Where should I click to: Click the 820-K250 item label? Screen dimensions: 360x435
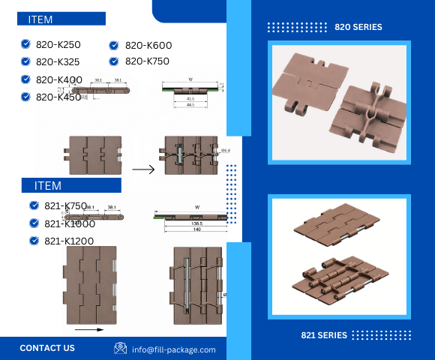(x=58, y=44)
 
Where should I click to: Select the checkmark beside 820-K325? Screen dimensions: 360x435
(x=26, y=61)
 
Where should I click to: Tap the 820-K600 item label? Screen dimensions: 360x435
(x=148, y=45)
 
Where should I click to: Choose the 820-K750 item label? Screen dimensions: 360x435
(x=147, y=61)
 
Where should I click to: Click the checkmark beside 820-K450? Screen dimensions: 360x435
(x=26, y=97)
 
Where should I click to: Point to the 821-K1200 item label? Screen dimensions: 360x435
(x=70, y=241)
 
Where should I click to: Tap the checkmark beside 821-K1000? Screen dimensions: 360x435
(x=34, y=223)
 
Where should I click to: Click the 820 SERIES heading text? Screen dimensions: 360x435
(x=358, y=27)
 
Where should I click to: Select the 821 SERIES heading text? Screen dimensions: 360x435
(x=324, y=335)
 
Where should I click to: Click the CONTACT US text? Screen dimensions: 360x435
(x=47, y=348)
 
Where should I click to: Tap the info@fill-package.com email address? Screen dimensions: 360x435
(x=174, y=349)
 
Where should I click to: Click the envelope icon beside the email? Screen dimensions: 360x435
(x=120, y=348)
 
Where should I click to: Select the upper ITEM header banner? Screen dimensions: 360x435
(x=61, y=19)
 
